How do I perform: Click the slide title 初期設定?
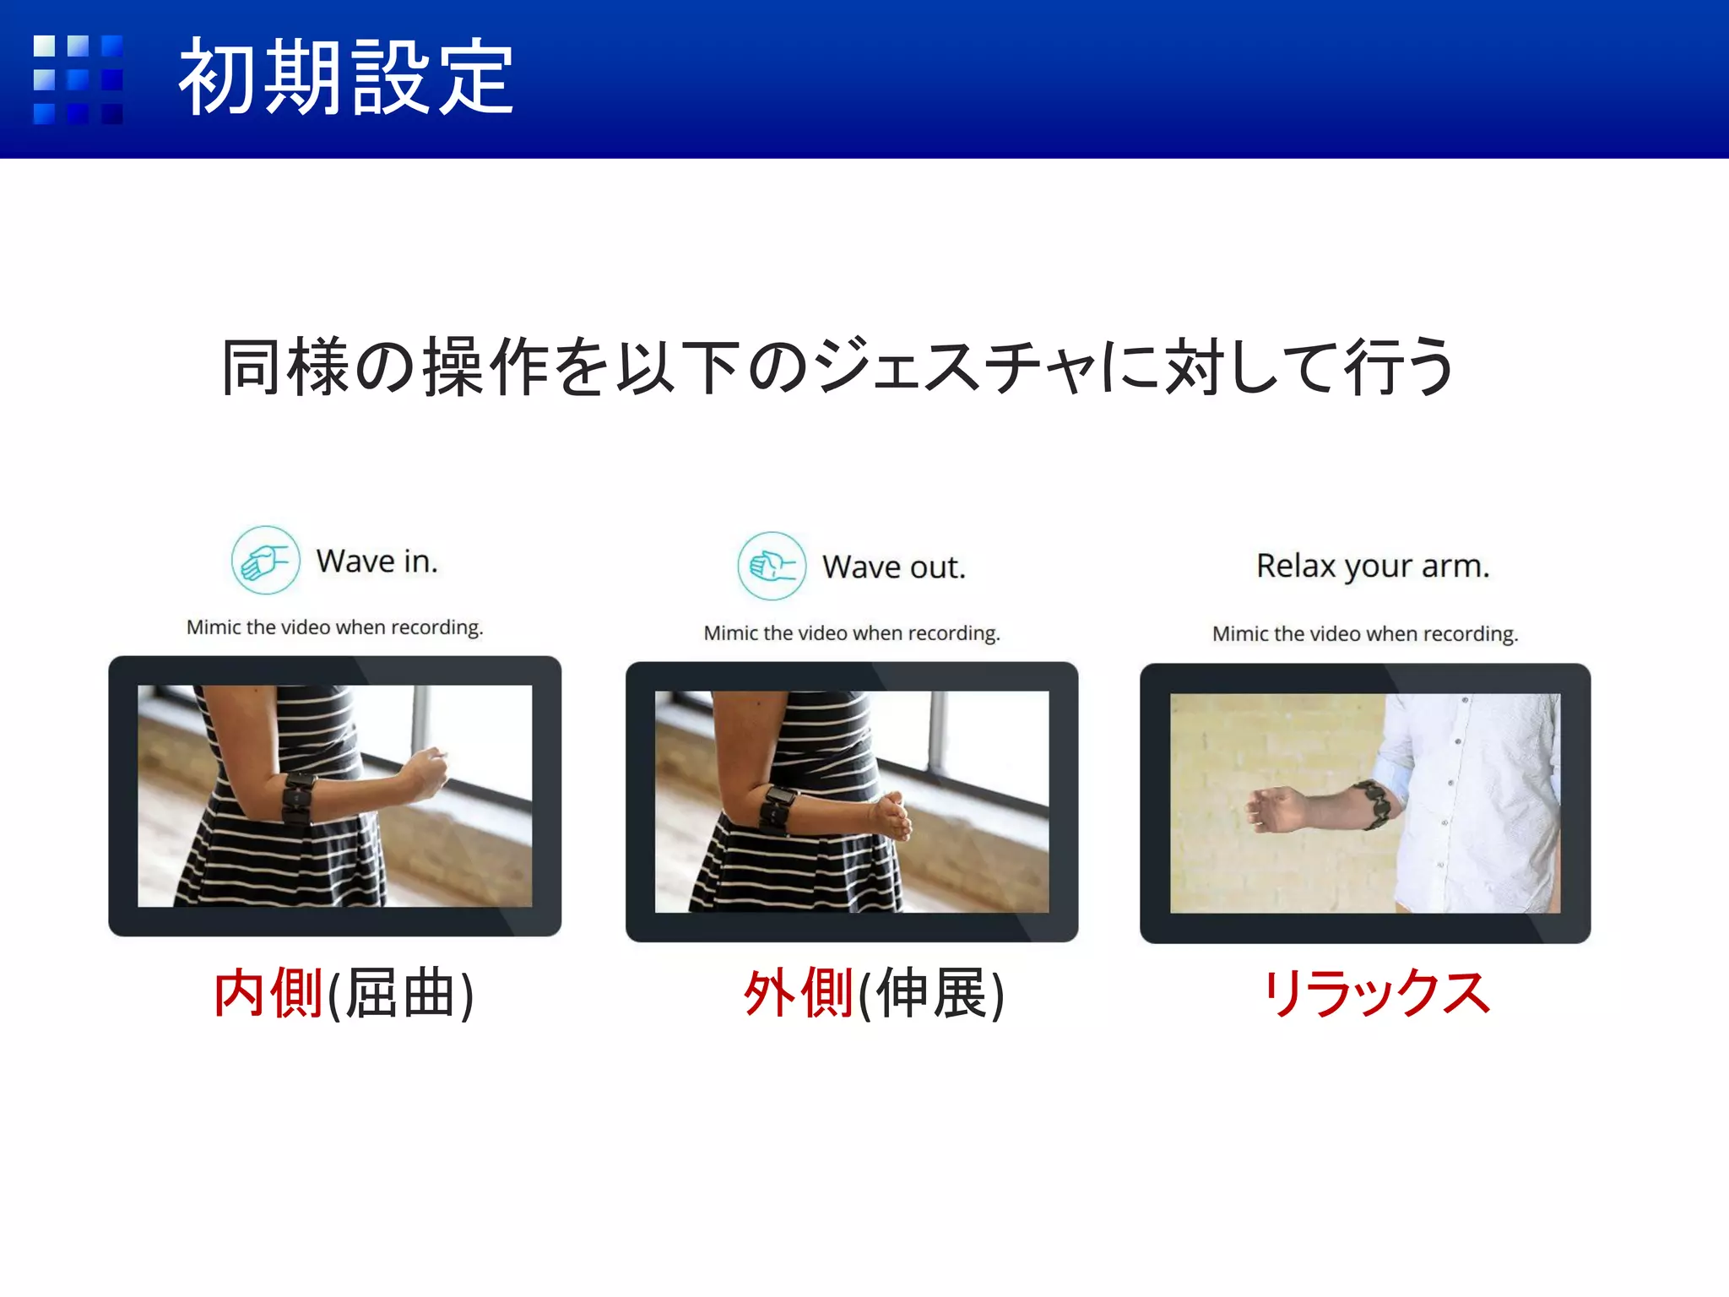click(x=346, y=78)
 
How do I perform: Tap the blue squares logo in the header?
click(x=78, y=79)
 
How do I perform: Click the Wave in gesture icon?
click(x=265, y=561)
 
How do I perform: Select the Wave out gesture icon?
click(x=771, y=566)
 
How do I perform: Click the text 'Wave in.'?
click(x=377, y=562)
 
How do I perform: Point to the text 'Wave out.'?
click(x=894, y=567)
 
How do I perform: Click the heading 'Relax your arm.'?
click(x=1373, y=566)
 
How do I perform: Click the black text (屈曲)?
click(x=400, y=995)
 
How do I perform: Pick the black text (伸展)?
click(x=931, y=995)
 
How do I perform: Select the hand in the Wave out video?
click(x=892, y=815)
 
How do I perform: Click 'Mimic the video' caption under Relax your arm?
click(x=1365, y=634)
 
